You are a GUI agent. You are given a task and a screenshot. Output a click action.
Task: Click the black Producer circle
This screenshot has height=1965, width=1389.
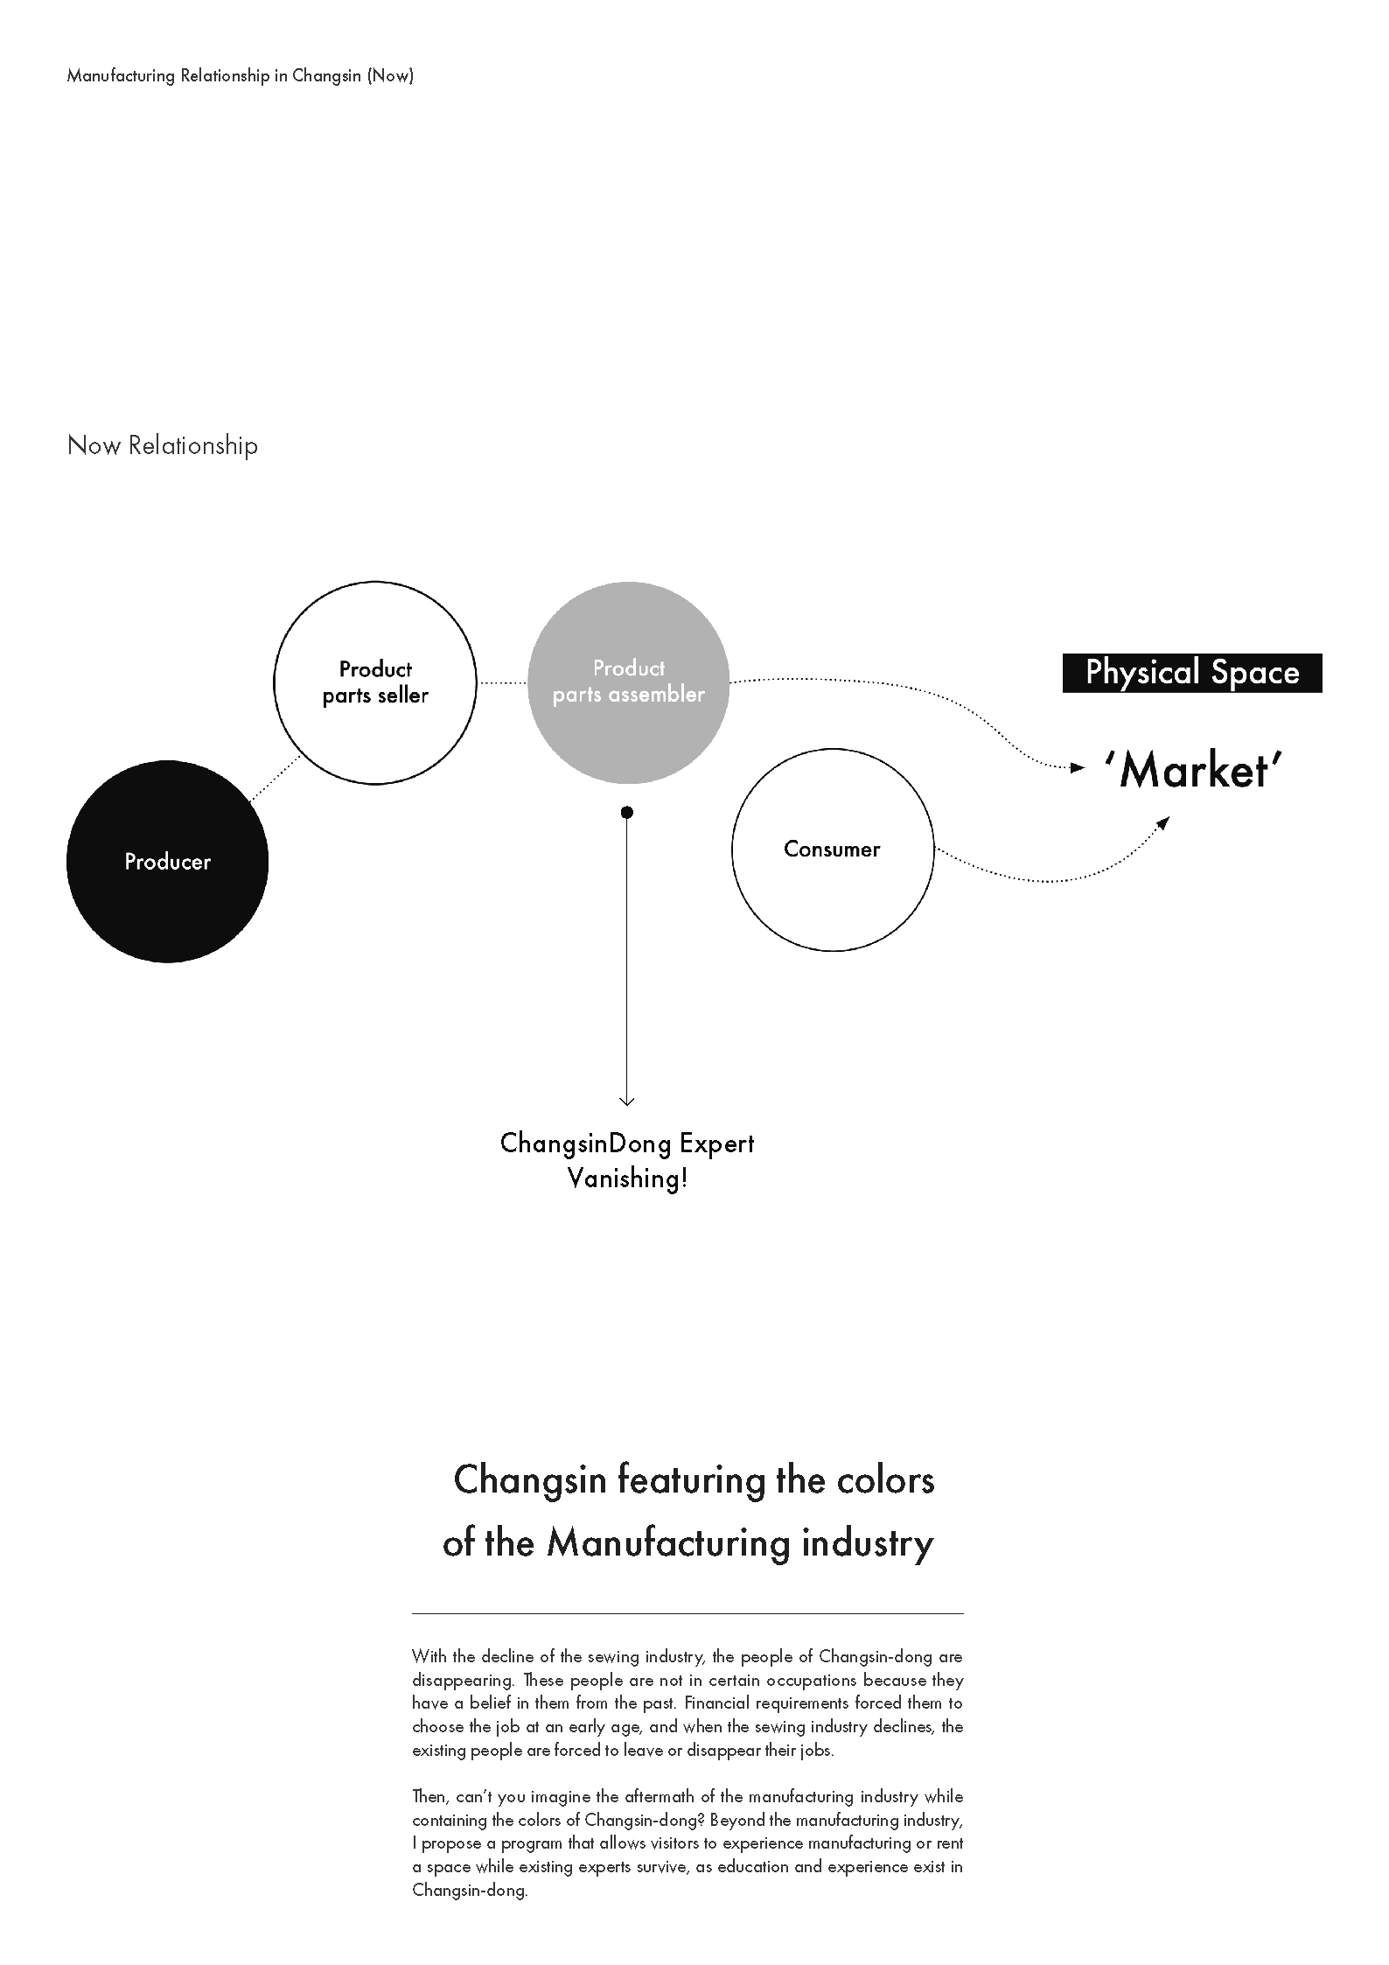point(167,862)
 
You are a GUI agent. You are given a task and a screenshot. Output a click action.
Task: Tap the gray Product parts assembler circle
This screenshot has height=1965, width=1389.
point(629,682)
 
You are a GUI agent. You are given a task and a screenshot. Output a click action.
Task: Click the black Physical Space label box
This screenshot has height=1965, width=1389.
point(1192,673)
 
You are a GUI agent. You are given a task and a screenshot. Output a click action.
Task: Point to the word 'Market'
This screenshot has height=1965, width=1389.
point(1193,771)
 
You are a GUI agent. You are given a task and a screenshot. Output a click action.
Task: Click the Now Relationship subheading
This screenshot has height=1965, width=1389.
point(163,445)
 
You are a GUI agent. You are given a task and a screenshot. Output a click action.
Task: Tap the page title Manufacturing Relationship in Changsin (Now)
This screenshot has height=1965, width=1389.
point(241,75)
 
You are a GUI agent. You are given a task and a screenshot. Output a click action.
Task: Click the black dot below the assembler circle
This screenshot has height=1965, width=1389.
point(627,813)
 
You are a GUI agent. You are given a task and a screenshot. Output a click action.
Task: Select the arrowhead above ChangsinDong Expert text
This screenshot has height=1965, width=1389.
point(627,1101)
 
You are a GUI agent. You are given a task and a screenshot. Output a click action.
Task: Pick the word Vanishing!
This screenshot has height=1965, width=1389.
point(628,1178)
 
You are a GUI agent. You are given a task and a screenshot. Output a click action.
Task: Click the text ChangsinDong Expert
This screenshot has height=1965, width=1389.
point(627,1143)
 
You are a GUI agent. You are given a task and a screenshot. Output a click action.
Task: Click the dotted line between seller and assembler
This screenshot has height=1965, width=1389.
point(502,682)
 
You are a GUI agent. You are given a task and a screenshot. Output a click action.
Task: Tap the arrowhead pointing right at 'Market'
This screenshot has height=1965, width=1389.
point(1079,768)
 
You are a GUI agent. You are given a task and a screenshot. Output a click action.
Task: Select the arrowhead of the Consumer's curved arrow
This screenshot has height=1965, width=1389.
point(1163,822)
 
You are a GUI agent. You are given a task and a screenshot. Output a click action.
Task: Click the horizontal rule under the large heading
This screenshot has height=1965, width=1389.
point(688,1612)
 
